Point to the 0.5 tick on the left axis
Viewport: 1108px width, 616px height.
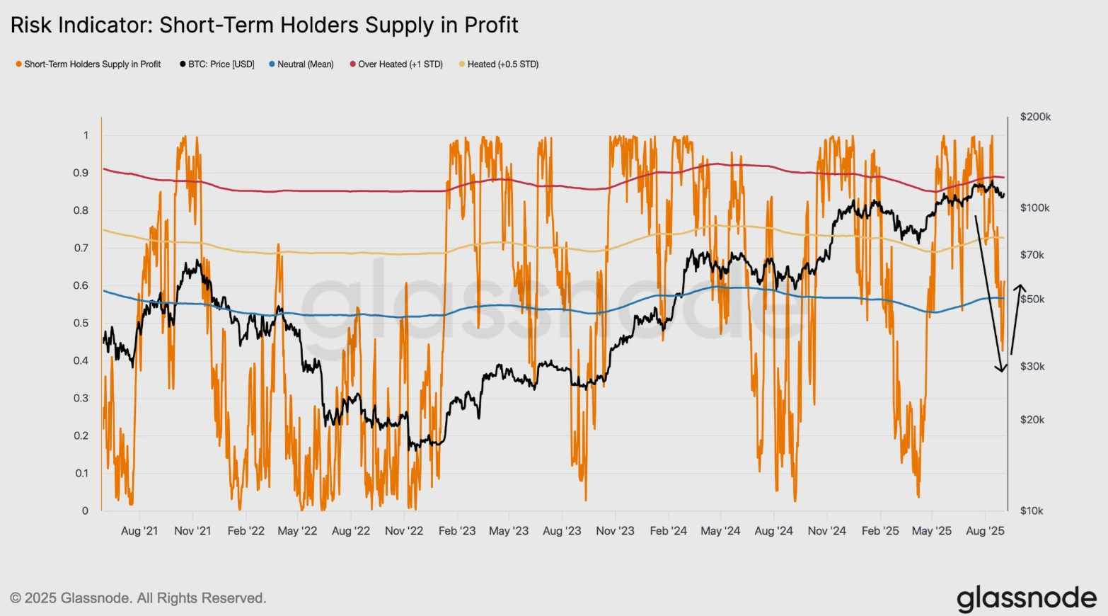(81, 323)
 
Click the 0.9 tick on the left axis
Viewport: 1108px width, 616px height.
(81, 173)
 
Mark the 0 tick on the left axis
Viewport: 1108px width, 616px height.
(85, 511)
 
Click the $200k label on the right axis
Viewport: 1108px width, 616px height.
(1035, 117)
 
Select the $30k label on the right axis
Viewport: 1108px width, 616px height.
(1032, 366)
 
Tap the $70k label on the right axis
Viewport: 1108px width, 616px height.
(1032, 255)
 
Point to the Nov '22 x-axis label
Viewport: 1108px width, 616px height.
(404, 531)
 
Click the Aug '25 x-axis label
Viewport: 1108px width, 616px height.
(985, 531)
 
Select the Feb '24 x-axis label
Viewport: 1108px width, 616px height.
(668, 531)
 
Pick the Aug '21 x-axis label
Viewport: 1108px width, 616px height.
(139, 531)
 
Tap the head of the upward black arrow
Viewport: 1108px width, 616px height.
(1020, 287)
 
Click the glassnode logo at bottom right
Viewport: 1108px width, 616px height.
(1027, 598)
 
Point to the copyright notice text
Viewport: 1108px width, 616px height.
(138, 598)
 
